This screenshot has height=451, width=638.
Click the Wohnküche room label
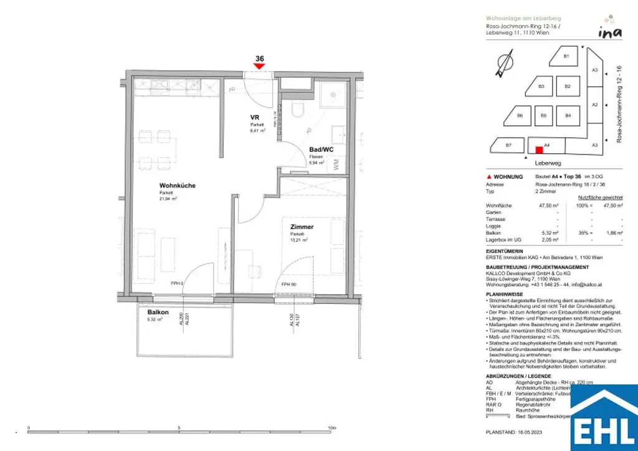point(178,186)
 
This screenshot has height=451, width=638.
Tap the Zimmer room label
point(302,227)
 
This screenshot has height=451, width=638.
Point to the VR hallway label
point(254,117)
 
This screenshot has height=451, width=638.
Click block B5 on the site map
point(543,115)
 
